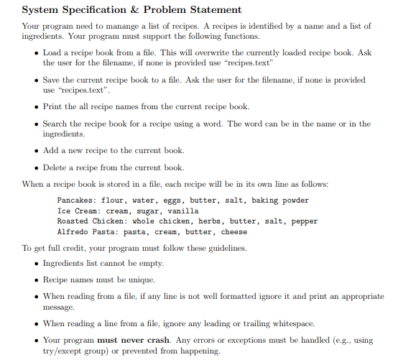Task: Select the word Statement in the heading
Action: coord(215,10)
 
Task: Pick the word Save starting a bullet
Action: coord(51,80)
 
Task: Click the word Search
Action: coord(57,124)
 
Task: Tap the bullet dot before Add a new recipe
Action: coord(35,150)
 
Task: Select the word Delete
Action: coord(57,167)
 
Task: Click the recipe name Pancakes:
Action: coord(80,200)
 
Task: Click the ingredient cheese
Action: coord(234,232)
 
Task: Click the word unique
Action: coord(140,279)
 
